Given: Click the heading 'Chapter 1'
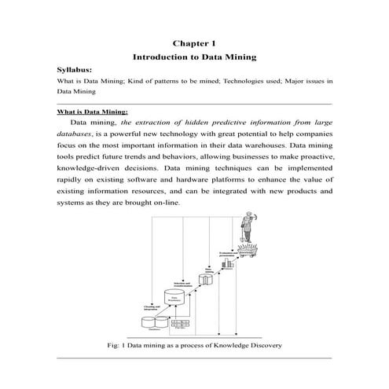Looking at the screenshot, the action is click(x=194, y=44).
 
